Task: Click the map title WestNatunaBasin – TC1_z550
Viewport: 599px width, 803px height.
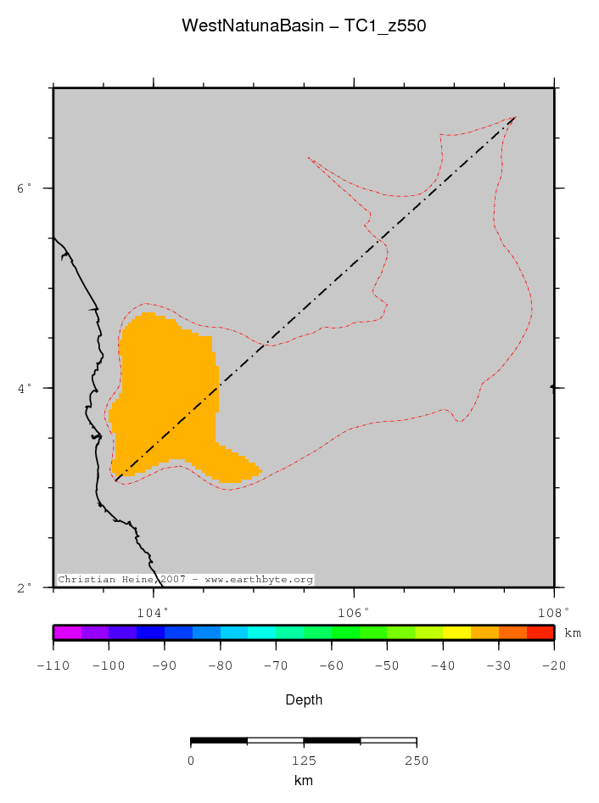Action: pyautogui.click(x=303, y=26)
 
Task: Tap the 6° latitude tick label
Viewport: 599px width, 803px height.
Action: pyautogui.click(x=25, y=188)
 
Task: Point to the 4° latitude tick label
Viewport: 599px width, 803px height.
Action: pyautogui.click(x=25, y=388)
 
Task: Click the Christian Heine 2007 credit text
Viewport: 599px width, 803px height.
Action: pyautogui.click(x=185, y=580)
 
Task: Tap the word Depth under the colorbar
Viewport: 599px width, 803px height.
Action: pyautogui.click(x=303, y=700)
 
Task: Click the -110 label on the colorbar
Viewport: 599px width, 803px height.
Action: pyautogui.click(x=53, y=666)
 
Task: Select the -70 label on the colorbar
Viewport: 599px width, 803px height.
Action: pyautogui.click(x=275, y=666)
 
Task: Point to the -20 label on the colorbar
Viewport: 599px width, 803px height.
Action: pyautogui.click(x=553, y=666)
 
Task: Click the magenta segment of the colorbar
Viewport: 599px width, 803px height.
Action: pyautogui.click(x=67, y=632)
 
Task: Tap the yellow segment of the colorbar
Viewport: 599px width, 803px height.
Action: pyautogui.click(x=456, y=632)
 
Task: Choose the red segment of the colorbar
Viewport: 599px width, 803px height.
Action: pyautogui.click(x=540, y=632)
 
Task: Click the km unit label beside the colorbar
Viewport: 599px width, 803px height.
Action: pyautogui.click(x=573, y=633)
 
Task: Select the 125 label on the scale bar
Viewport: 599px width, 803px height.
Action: pyautogui.click(x=303, y=761)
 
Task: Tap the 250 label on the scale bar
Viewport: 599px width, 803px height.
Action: pyautogui.click(x=416, y=761)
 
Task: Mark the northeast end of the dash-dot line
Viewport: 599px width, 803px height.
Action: pyautogui.click(x=515, y=117)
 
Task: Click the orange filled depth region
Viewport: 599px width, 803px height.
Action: pyautogui.click(x=165, y=382)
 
